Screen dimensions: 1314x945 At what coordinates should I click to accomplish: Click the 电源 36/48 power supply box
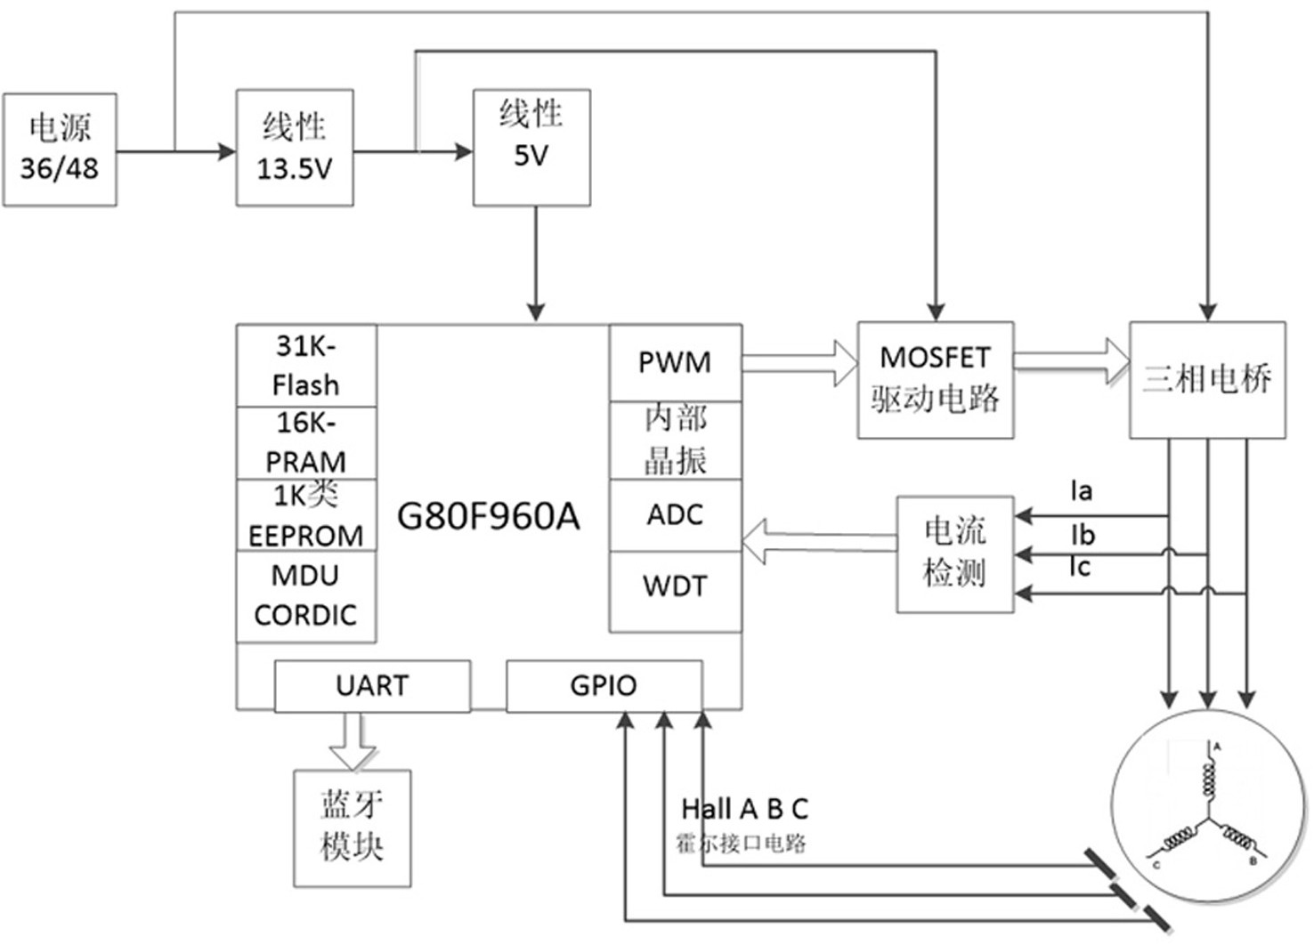point(60,150)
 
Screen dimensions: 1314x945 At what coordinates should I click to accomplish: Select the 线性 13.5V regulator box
point(295,148)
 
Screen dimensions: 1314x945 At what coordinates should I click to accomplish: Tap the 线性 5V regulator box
point(531,148)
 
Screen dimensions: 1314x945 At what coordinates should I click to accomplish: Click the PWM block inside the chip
point(675,363)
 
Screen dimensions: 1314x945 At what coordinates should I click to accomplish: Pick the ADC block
point(675,515)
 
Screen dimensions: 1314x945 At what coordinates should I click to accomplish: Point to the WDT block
point(675,592)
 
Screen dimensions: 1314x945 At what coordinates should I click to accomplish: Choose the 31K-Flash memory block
point(306,365)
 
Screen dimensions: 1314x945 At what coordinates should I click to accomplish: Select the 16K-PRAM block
point(306,442)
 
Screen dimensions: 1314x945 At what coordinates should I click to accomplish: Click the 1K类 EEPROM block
point(306,515)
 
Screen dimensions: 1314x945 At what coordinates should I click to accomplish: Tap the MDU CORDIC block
point(306,596)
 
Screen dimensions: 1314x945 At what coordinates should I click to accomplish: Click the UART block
point(372,686)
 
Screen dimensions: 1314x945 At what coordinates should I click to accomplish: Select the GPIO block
point(604,686)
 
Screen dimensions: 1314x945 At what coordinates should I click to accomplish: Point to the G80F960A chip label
point(488,516)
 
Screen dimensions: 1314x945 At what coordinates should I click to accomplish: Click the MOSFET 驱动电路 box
point(936,380)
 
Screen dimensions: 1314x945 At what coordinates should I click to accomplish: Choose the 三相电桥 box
point(1208,380)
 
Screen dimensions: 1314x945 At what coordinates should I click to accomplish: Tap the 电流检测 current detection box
point(955,554)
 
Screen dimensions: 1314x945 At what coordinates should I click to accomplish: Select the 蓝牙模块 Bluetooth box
point(352,828)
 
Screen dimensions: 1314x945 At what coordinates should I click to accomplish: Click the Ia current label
point(1081,490)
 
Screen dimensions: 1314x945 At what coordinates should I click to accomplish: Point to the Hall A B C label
point(745,809)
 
